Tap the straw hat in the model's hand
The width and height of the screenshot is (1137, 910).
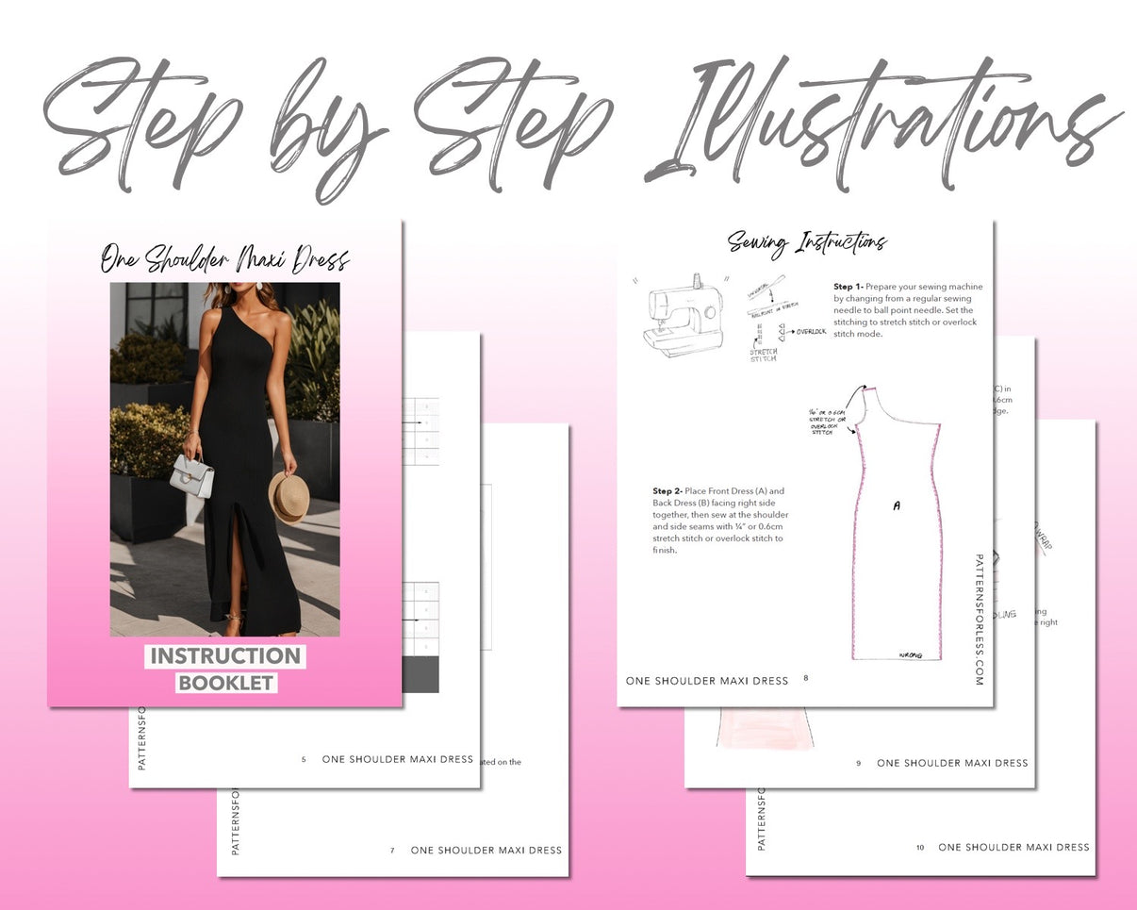(287, 495)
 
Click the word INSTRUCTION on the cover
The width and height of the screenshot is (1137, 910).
(225, 656)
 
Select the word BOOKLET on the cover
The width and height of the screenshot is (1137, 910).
(226, 683)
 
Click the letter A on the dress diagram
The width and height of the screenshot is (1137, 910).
(896, 506)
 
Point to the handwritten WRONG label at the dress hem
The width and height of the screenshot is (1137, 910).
(911, 654)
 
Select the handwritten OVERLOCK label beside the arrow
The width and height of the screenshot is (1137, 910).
(811, 332)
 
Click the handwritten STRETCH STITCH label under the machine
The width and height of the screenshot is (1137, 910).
(763, 355)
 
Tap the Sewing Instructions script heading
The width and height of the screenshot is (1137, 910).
(806, 243)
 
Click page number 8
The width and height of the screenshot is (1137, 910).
(806, 677)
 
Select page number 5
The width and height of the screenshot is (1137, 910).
(304, 759)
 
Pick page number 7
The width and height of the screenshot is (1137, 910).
(392, 851)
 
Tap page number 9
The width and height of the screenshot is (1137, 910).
(858, 763)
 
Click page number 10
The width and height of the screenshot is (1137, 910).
(920, 848)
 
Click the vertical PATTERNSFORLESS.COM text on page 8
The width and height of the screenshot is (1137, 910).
(980, 619)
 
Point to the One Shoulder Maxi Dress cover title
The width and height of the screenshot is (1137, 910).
(225, 258)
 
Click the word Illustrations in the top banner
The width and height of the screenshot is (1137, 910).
(882, 123)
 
